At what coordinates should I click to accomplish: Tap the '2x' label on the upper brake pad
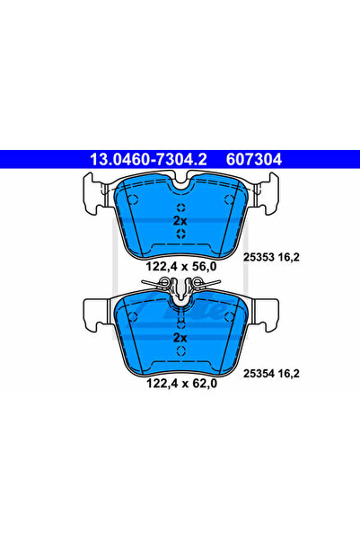click(x=180, y=220)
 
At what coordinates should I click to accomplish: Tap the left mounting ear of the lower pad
click(x=95, y=311)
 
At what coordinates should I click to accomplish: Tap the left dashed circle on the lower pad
click(x=133, y=316)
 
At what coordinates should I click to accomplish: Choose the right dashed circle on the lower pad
click(x=229, y=316)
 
